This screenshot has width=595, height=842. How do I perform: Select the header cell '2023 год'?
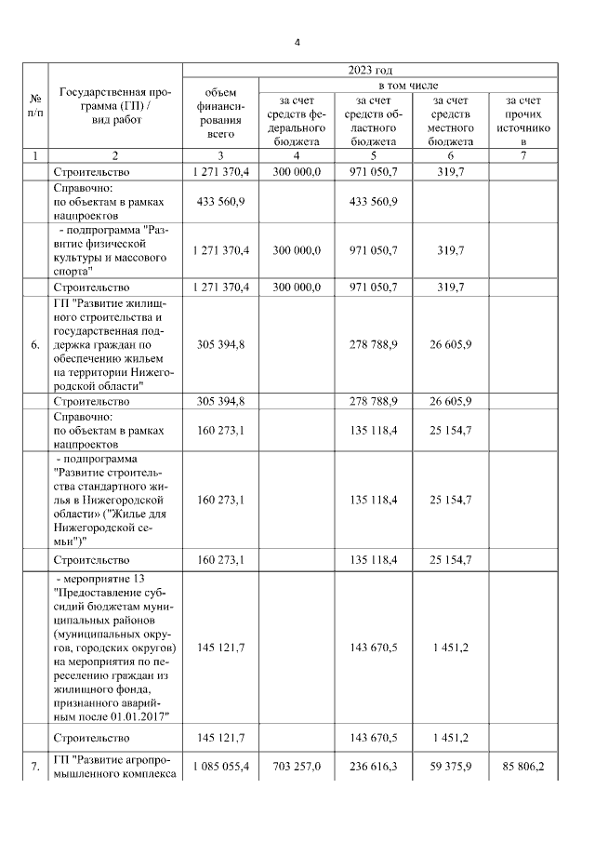[370, 70]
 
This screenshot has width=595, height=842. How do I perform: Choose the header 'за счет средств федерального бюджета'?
[296, 120]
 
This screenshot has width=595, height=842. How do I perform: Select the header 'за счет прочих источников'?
[523, 120]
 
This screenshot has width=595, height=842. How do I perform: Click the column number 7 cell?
[523, 155]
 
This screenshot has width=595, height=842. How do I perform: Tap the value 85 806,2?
[523, 765]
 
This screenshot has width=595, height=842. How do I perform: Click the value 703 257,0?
[296, 765]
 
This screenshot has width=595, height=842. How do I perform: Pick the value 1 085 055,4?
[221, 765]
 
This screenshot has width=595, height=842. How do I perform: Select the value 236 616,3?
[370, 765]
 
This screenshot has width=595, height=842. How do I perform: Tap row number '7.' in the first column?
[35, 765]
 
